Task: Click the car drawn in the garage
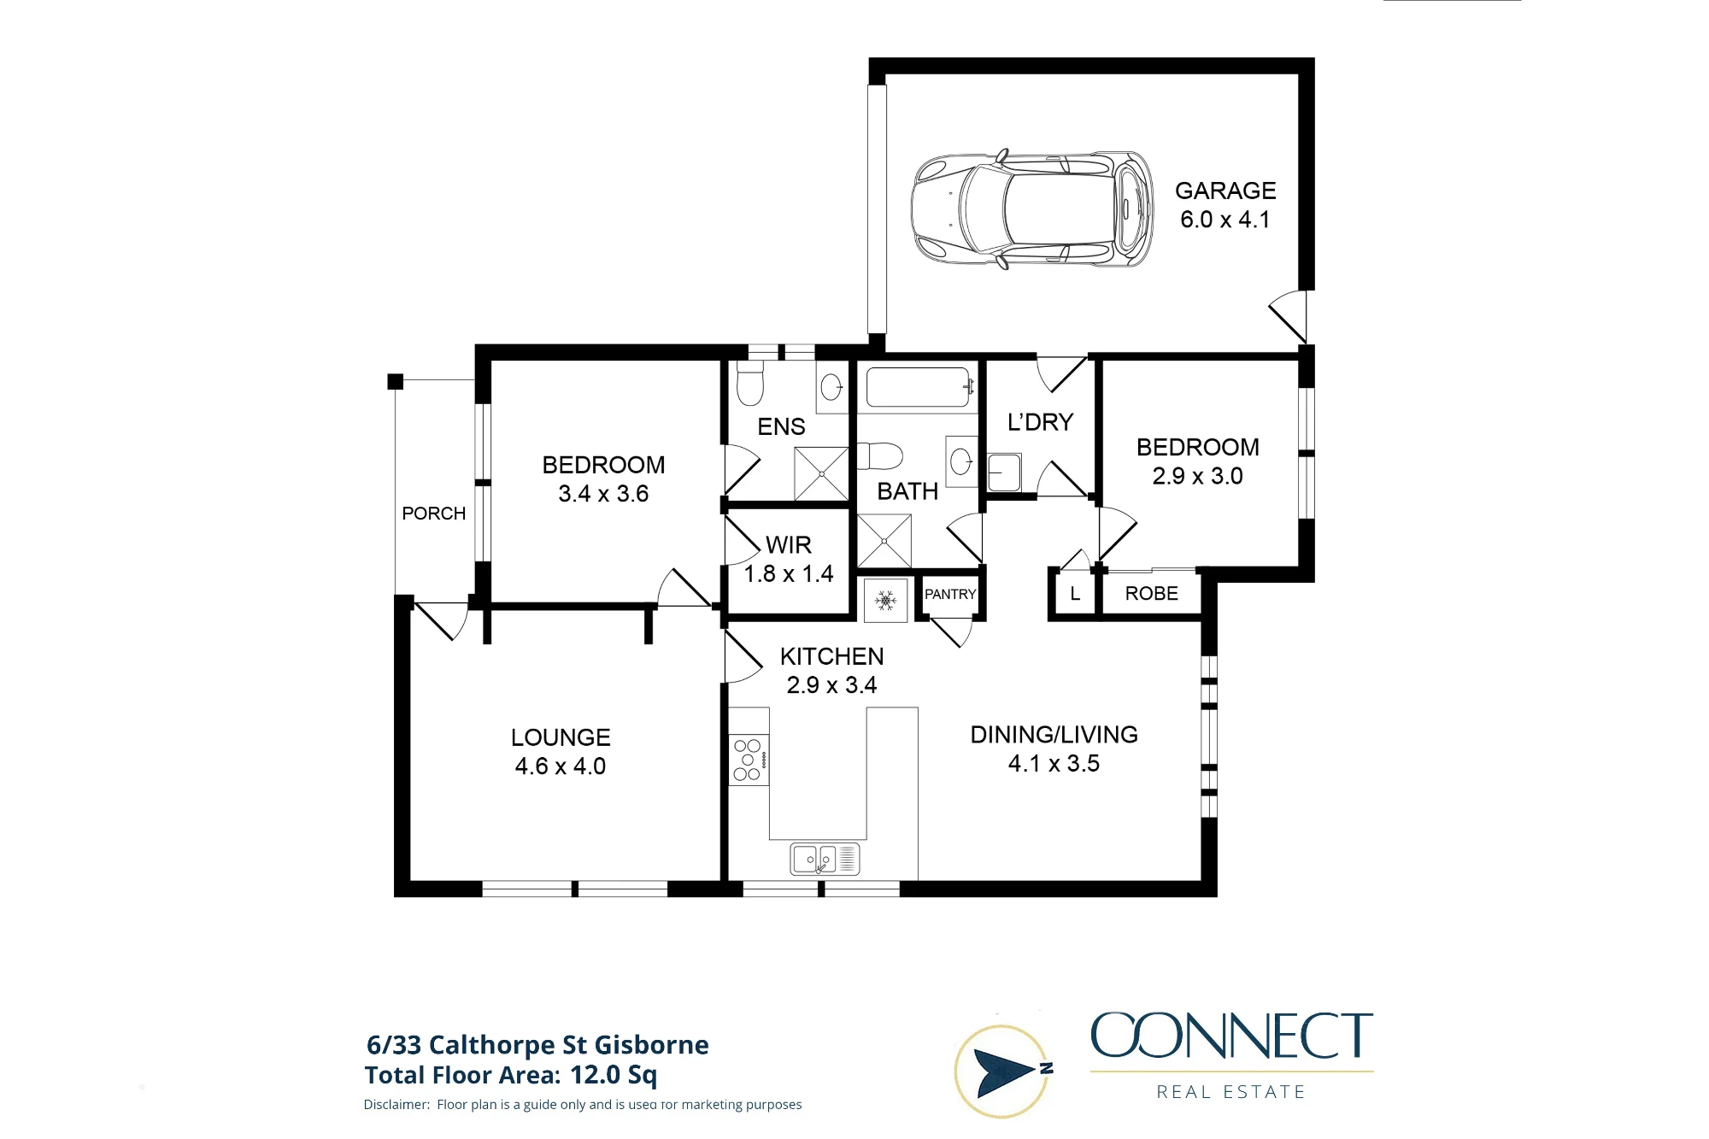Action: point(1032,208)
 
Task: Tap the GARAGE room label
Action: point(1225,191)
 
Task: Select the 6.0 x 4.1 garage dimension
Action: point(1225,220)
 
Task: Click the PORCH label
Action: point(434,514)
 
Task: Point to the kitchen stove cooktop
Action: point(749,760)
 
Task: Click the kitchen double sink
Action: point(825,859)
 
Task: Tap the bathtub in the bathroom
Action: point(919,387)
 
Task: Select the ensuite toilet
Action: point(749,382)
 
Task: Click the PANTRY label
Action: point(950,594)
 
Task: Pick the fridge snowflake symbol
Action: point(886,601)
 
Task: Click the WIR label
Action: point(789,545)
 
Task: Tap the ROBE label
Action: point(1152,593)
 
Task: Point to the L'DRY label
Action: point(1040,422)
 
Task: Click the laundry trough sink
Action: point(1004,473)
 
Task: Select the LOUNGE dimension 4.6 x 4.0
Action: point(561,766)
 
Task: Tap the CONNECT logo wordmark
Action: point(1231,1036)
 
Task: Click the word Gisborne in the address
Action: point(651,1045)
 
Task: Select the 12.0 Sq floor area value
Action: point(614,1075)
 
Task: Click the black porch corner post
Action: point(396,382)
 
